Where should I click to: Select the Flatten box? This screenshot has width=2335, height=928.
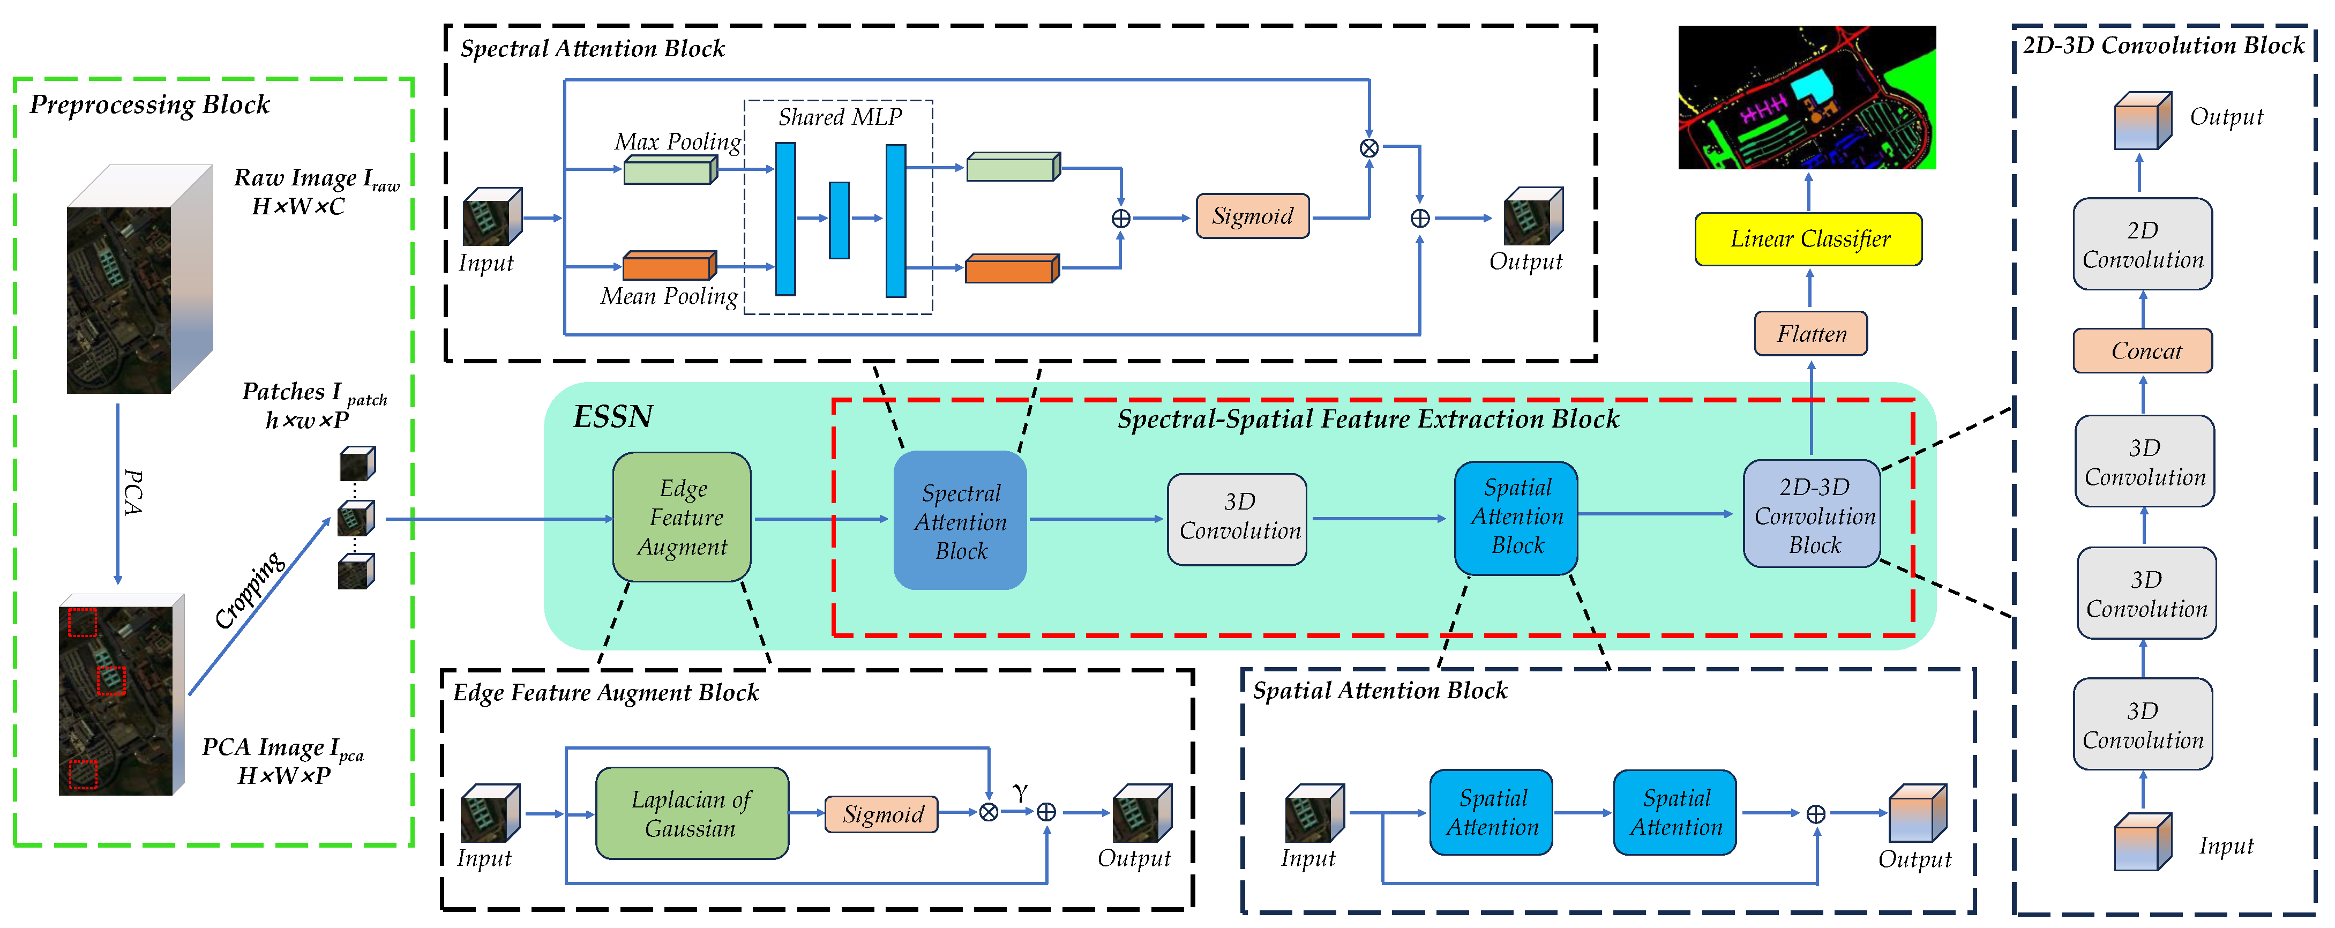pos(1810,333)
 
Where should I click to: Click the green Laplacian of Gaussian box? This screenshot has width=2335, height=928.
pos(692,813)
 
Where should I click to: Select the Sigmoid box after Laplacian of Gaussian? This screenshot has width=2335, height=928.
pos(881,814)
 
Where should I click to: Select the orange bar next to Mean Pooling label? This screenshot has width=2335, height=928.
pos(669,266)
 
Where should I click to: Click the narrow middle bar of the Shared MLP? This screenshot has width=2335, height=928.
pos(840,220)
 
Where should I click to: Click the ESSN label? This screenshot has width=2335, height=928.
pos(613,417)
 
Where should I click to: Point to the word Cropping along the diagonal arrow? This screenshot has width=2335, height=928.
pos(249,589)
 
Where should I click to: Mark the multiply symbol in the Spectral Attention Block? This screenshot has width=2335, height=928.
pos(1369,148)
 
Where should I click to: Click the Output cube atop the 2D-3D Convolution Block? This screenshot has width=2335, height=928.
pos(2142,122)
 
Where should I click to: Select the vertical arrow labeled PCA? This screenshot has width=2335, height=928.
pos(118,494)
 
